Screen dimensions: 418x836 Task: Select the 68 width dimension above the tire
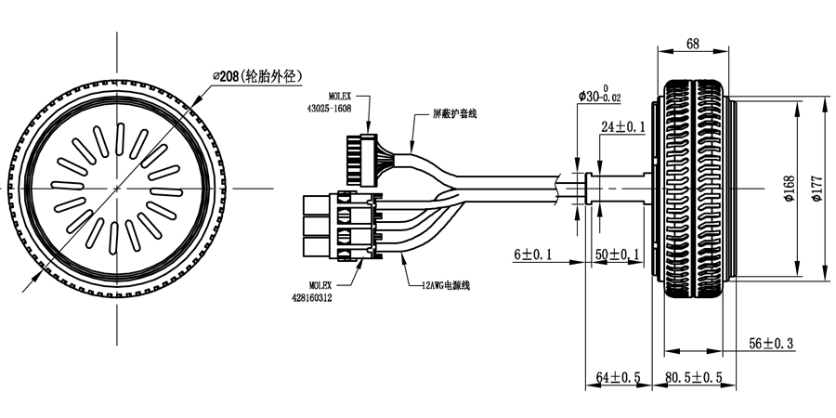point(693,44)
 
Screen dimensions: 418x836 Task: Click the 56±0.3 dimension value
point(772,344)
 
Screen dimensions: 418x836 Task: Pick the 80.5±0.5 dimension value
point(694,378)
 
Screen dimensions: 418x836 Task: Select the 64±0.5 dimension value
point(620,378)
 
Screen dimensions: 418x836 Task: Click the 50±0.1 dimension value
point(617,255)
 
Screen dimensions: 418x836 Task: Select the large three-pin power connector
point(339,228)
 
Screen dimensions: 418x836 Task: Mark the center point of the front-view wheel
point(116,188)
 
